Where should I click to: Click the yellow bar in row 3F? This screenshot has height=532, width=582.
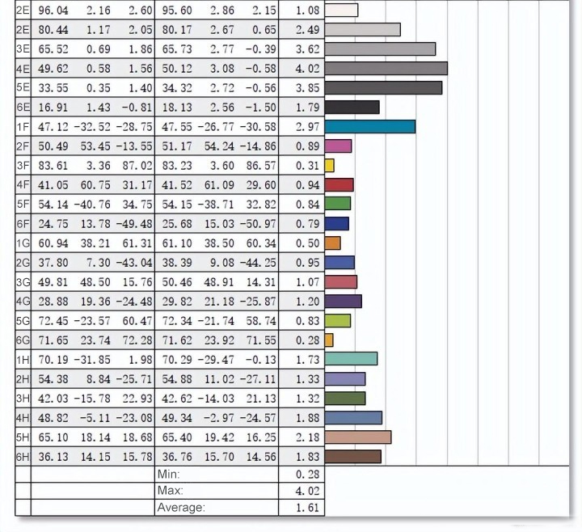(329, 165)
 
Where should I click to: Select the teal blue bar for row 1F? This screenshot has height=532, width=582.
(369, 126)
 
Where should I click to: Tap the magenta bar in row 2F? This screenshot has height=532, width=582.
(338, 146)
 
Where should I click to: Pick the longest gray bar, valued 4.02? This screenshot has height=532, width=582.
(386, 68)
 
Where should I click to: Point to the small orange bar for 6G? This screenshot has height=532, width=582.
(329, 340)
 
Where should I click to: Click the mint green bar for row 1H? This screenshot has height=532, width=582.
(351, 359)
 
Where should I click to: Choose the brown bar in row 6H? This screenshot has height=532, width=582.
(352, 456)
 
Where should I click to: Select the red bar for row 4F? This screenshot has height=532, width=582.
(339, 184)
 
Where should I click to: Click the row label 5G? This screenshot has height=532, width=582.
(23, 320)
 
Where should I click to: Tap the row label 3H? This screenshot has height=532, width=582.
(23, 398)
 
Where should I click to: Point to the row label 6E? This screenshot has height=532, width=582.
(23, 107)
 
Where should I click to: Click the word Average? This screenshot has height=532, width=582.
(181, 508)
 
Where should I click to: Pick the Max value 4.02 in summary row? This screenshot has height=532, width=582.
(302, 491)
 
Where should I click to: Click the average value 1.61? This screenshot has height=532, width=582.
(302, 508)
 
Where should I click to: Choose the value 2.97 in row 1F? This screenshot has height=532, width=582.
(302, 126)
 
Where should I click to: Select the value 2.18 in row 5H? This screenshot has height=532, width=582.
(302, 437)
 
